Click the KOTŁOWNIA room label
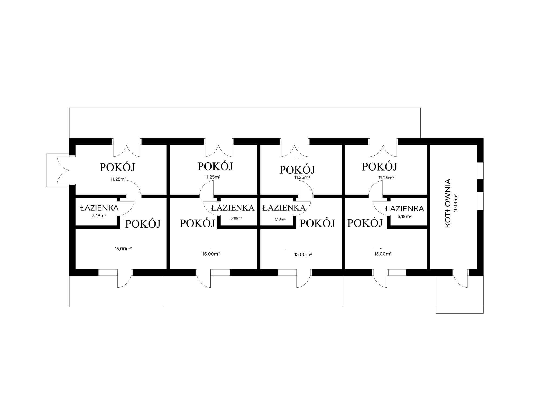448,203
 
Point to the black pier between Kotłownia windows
480,185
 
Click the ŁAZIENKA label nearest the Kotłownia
404,209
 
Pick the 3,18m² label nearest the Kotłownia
404,216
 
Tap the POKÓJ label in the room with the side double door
117,167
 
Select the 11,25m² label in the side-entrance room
118,179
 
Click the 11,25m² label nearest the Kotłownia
386,178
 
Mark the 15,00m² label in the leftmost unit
123,249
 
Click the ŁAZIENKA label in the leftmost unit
99,208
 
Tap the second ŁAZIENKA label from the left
233,208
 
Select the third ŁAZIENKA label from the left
284,208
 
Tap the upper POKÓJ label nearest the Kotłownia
379,167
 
